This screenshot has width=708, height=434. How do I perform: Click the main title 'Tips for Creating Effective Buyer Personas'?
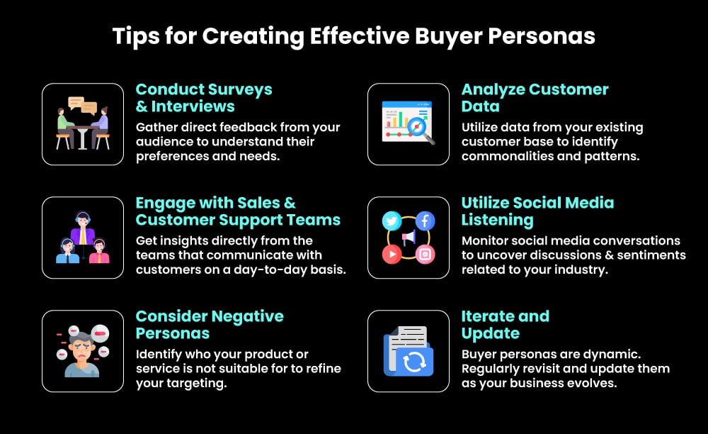353,36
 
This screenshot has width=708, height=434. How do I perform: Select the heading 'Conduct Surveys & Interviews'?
204,98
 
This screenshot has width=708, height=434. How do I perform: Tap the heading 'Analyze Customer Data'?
535,98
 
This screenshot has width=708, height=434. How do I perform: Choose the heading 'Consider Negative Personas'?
210,325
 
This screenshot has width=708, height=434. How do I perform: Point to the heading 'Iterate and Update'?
505,325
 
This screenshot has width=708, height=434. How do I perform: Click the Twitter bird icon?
392,221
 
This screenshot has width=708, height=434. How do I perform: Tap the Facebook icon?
425,221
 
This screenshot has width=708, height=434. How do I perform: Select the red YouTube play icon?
392,254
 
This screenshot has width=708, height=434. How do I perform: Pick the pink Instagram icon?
425,254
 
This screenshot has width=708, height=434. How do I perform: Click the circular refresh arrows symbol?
411,362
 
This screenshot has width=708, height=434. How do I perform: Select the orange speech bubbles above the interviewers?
82,106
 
